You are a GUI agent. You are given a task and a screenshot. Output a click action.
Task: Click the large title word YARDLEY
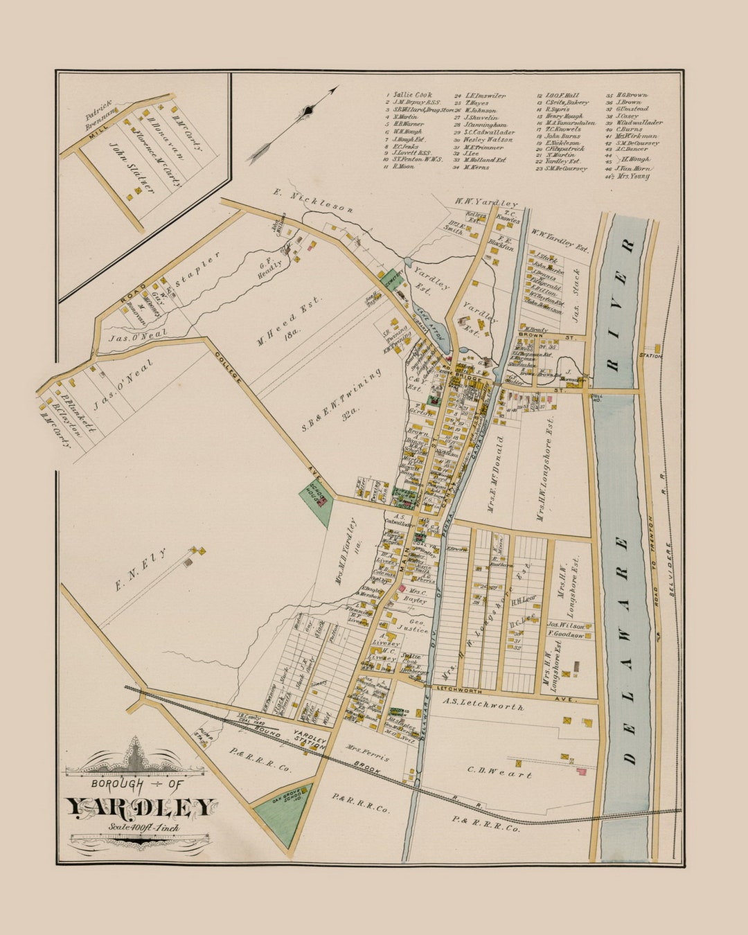141,808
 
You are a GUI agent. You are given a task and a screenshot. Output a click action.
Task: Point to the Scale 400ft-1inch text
143,827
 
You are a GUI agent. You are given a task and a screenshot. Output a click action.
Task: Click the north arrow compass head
310,111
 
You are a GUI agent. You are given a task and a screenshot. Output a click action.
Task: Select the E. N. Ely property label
141,570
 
